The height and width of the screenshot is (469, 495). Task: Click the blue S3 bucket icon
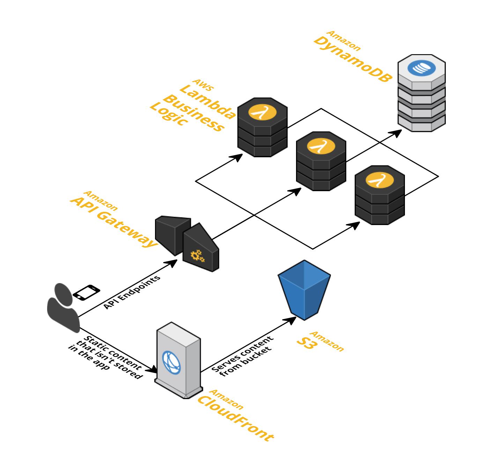[x=304, y=290]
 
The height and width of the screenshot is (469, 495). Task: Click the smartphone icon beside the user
[x=86, y=292]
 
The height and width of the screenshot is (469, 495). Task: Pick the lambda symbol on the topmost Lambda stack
[x=262, y=113]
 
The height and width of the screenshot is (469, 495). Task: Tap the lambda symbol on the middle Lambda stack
[x=321, y=146]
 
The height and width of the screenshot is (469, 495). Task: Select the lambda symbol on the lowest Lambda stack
[x=379, y=180]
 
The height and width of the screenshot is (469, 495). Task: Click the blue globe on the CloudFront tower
[x=171, y=362]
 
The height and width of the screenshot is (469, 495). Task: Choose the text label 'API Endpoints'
[x=132, y=292]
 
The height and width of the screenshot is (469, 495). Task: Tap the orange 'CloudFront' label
[x=236, y=418]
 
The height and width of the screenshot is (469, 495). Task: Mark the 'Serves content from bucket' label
[x=243, y=356]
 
